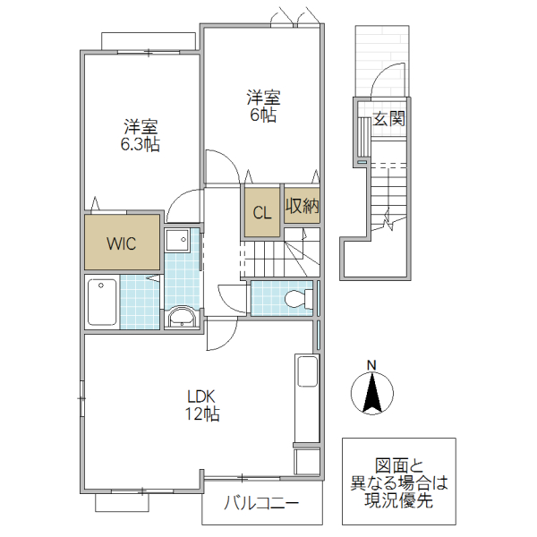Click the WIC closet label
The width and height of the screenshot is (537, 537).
click(123, 243)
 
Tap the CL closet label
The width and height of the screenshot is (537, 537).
click(261, 213)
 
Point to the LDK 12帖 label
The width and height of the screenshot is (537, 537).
click(203, 405)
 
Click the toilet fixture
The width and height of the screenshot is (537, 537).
click(294, 298)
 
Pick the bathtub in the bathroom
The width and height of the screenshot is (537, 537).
click(102, 302)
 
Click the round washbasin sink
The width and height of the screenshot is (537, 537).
click(183, 317)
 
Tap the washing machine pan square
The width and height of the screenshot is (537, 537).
click(178, 239)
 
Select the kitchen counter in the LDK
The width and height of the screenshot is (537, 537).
click(306, 397)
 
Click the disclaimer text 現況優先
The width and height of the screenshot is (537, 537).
click(399, 501)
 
